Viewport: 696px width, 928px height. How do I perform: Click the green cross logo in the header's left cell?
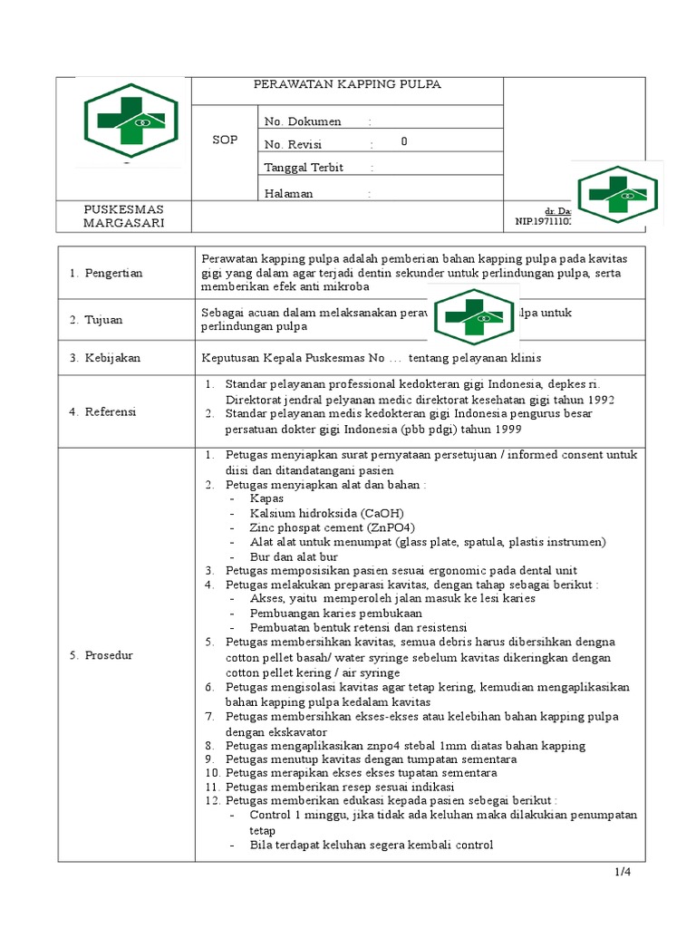coord(126,123)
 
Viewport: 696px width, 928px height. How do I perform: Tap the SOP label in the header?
coord(225,140)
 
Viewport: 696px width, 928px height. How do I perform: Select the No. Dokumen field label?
coord(303,121)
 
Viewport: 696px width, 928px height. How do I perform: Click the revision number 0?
coord(404,142)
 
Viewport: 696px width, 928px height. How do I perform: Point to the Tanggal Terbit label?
coord(304,168)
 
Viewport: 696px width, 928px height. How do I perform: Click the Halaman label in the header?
coord(288,193)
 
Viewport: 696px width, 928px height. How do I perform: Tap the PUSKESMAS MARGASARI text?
coord(124,216)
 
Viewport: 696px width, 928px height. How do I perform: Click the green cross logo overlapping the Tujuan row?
coord(474,315)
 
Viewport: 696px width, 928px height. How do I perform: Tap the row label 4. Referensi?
coord(103,411)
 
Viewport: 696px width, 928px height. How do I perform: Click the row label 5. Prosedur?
coord(101,654)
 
